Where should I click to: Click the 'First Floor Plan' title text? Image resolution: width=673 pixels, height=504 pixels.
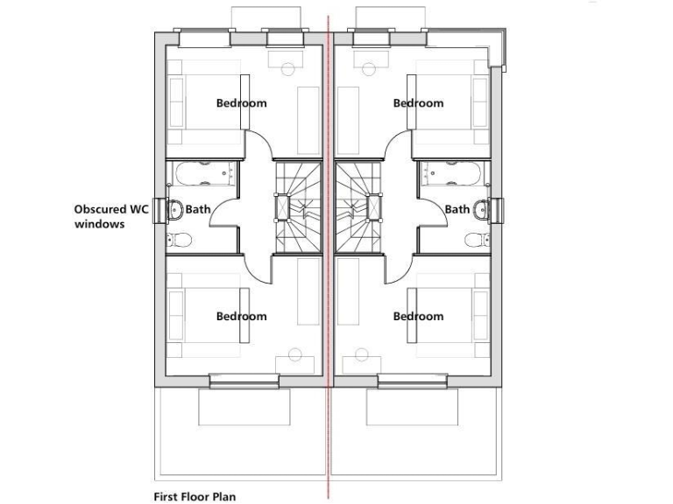tap(194, 495)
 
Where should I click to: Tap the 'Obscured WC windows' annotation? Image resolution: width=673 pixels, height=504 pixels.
tap(111, 216)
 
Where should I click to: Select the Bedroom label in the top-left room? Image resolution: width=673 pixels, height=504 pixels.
tap(241, 103)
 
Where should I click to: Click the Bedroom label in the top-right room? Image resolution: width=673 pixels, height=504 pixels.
tap(418, 103)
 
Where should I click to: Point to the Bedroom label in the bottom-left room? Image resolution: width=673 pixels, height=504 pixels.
tap(241, 316)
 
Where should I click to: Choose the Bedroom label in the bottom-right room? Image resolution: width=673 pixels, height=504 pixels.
tap(418, 316)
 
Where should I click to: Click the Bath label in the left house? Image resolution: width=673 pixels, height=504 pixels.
tap(197, 209)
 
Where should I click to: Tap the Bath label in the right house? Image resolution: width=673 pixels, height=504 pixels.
tap(457, 209)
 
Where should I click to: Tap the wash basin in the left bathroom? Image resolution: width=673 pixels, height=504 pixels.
tap(174, 209)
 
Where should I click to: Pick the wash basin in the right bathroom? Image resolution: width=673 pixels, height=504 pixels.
tap(481, 209)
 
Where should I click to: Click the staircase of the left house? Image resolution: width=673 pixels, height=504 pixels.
tap(300, 207)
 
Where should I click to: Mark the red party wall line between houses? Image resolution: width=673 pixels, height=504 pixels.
tap(329, 437)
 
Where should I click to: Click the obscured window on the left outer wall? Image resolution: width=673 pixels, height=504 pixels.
tap(159, 209)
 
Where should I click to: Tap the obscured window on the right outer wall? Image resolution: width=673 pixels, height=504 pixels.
tap(499, 209)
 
